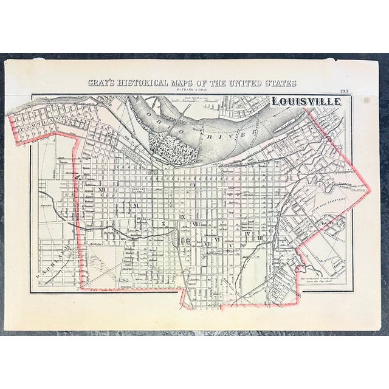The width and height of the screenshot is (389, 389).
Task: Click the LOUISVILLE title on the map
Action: [x=305, y=102]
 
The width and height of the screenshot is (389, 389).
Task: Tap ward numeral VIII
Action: [x=196, y=224]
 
